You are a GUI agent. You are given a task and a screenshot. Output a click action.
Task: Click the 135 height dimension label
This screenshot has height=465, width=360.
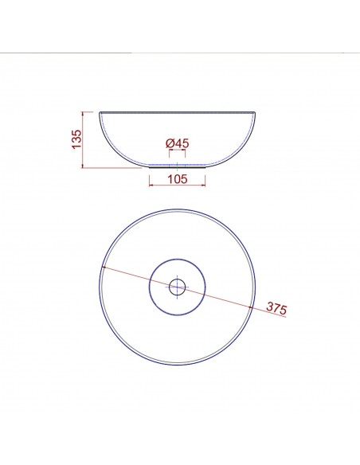[76, 139]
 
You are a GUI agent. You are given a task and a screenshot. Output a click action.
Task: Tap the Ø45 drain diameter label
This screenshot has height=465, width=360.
[178, 143]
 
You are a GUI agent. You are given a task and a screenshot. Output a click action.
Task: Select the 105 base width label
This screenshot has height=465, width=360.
[178, 179]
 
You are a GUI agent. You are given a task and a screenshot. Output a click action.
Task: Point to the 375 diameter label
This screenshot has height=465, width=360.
[276, 308]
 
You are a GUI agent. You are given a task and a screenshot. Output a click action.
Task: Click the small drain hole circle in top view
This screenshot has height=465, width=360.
[178, 287]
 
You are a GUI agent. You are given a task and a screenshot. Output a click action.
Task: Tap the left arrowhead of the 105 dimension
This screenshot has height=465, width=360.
[151, 185]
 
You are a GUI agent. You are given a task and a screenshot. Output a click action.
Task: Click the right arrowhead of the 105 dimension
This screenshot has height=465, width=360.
[203, 185]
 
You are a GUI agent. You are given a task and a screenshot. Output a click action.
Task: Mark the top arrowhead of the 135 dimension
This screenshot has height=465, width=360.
[83, 114]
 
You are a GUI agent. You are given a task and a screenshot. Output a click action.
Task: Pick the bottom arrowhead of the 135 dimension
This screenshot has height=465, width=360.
[83, 166]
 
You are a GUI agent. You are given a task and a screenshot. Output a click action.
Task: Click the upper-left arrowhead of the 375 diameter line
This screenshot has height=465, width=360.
[104, 268]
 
